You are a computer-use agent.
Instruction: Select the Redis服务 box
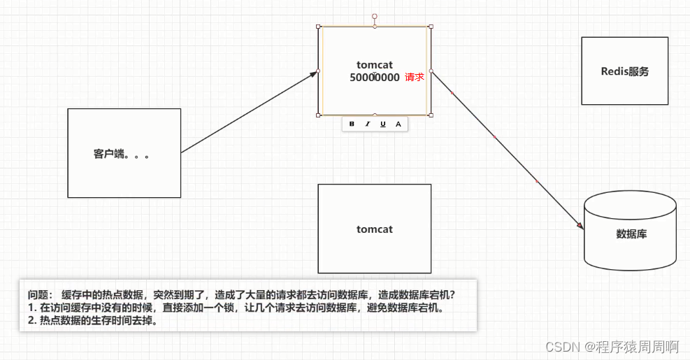click(624, 71)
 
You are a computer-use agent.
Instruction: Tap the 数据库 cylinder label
click(631, 234)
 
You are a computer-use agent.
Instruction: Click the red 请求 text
click(415, 78)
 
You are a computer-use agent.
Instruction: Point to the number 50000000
click(375, 78)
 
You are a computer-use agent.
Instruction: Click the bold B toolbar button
click(352, 124)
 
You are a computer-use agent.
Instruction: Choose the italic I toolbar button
click(368, 124)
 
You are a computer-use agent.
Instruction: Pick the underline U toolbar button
click(383, 124)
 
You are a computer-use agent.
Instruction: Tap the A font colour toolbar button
click(398, 124)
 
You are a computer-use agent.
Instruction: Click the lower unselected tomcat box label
click(375, 229)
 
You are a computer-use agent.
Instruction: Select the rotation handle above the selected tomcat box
click(375, 15)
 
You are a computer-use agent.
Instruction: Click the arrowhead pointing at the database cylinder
click(580, 225)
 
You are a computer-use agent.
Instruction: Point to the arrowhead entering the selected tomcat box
click(314, 74)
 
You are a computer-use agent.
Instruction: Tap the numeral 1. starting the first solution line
click(32, 308)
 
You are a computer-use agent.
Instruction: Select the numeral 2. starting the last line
click(32, 321)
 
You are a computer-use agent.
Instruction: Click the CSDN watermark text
click(560, 346)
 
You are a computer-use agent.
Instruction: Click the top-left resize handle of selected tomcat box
click(319, 27)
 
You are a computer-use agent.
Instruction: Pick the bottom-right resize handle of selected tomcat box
click(431, 115)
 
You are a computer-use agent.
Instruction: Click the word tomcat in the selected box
click(375, 65)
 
